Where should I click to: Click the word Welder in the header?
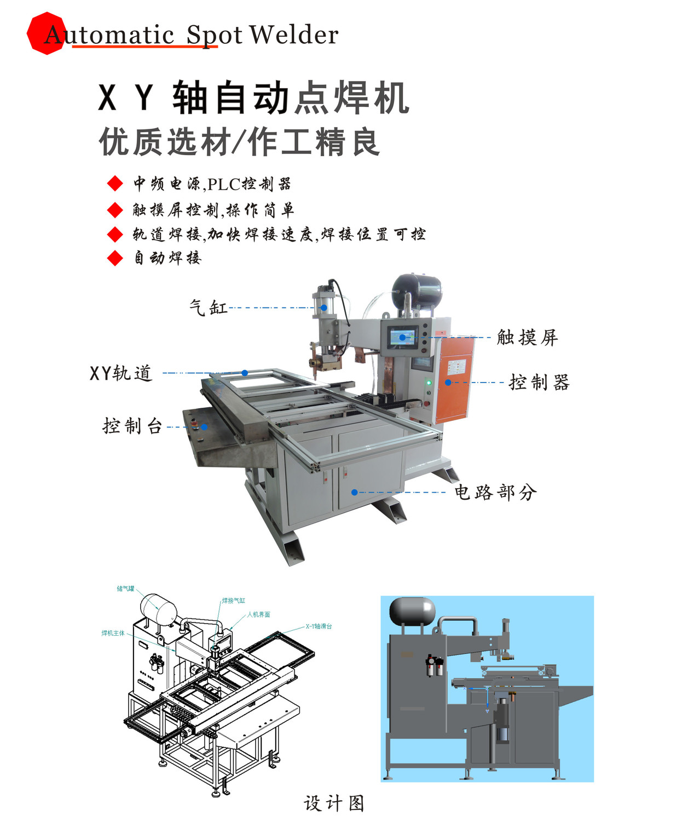(x=294, y=35)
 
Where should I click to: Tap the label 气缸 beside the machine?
(x=209, y=307)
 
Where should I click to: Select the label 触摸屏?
(x=527, y=338)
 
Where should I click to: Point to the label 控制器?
(x=539, y=382)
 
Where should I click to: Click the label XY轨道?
(x=121, y=373)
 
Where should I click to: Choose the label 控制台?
(x=132, y=426)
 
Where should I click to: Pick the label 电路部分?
(x=495, y=492)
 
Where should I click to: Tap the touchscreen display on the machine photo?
(x=403, y=337)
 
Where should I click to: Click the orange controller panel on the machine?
(x=453, y=378)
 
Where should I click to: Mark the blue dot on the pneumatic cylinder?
(x=324, y=307)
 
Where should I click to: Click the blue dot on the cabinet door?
(x=355, y=492)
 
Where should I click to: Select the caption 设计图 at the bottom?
(x=334, y=803)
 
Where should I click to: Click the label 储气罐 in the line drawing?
(x=125, y=589)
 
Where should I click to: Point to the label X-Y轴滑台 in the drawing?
(x=319, y=626)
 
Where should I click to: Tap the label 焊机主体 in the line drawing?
(x=113, y=633)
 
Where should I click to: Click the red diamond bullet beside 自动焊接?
(x=115, y=258)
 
